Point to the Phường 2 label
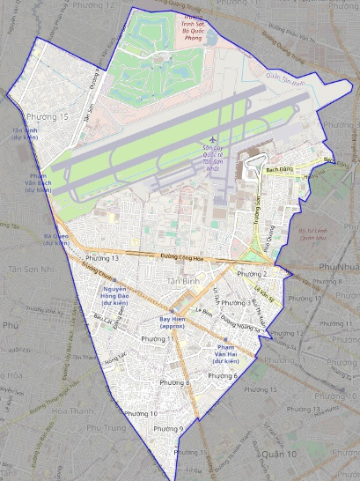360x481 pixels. tap(253, 274)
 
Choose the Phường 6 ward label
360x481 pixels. tap(224, 376)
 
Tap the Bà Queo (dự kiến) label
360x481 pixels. tap(56, 239)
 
